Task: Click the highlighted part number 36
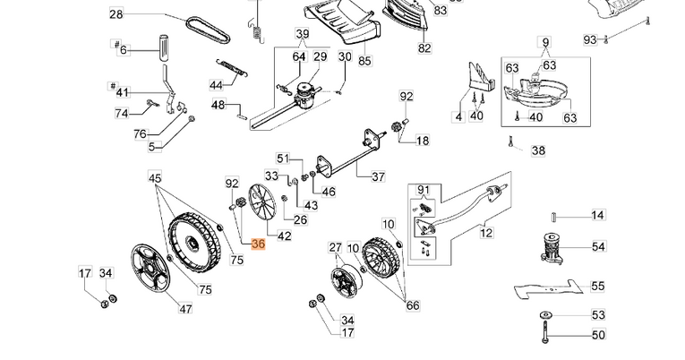[259, 244]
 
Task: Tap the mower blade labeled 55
[549, 289]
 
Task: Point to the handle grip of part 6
[164, 47]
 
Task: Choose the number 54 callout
[598, 245]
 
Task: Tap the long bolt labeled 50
[544, 336]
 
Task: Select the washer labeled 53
[544, 315]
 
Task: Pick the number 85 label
[364, 62]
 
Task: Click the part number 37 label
[378, 176]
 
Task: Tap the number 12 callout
[486, 233]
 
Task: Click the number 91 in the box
[424, 189]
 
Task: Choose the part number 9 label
[544, 42]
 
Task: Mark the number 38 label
[538, 151]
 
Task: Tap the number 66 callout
[412, 305]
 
